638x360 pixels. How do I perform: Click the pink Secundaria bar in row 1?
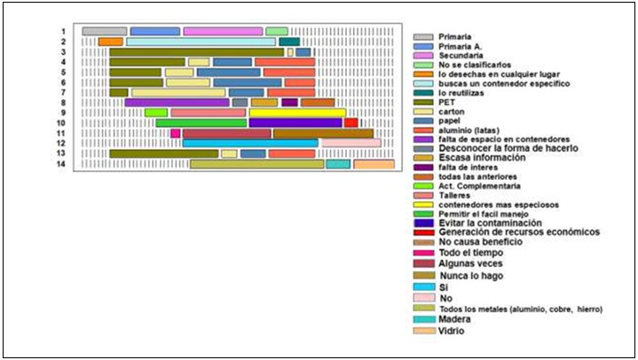223,31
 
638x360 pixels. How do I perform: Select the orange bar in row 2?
110,42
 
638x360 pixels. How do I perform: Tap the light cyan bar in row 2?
201,42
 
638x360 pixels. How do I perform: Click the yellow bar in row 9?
296,113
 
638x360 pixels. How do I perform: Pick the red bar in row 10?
351,123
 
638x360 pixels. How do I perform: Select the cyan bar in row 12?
249,143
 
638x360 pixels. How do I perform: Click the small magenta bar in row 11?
175,133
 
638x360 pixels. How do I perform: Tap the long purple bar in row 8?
177,103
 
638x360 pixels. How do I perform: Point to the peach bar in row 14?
374,164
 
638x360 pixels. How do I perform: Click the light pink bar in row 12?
351,143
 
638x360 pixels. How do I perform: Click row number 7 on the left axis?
64,92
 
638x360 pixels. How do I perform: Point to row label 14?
62,164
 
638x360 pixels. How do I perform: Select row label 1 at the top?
64,31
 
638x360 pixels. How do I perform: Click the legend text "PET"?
446,102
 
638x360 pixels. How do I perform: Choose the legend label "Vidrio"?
451,331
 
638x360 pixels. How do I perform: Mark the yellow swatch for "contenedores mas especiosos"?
423,204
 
